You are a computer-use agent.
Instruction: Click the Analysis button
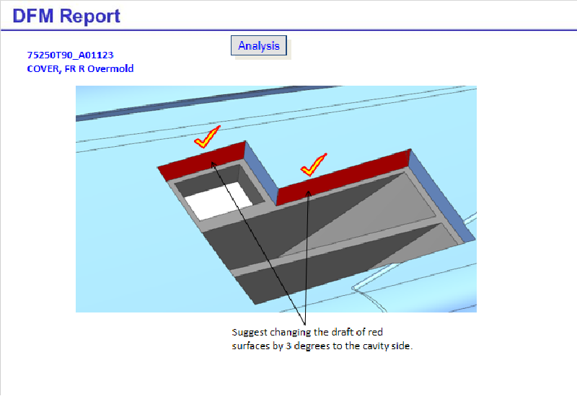click(259, 45)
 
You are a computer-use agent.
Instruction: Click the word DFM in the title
click(33, 16)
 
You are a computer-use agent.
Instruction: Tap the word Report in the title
click(89, 16)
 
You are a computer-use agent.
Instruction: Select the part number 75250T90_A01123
click(70, 55)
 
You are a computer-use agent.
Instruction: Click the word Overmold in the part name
click(110, 68)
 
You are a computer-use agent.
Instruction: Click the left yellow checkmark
click(207, 137)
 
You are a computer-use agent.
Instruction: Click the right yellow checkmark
click(314, 164)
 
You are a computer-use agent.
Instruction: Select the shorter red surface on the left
click(202, 161)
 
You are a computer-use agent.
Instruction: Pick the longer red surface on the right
click(343, 177)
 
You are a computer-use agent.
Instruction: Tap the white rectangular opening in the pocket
click(218, 201)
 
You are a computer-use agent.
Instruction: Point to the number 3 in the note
click(288, 346)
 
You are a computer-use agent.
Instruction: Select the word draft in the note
click(333, 332)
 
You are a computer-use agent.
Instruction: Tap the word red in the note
click(375, 333)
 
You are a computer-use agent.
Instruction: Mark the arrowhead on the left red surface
click(213, 164)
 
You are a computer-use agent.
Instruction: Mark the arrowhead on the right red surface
click(309, 193)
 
